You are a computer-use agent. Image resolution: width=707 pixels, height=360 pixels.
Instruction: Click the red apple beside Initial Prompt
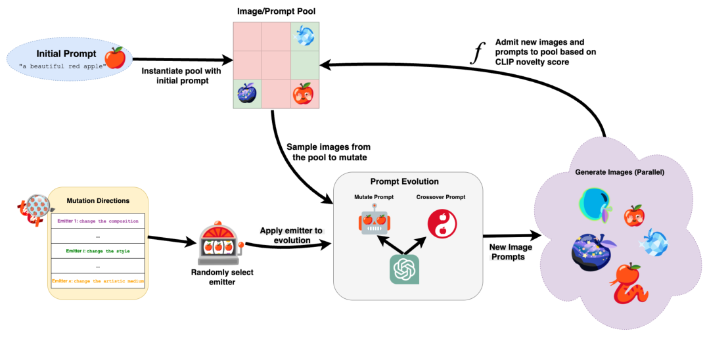(114, 57)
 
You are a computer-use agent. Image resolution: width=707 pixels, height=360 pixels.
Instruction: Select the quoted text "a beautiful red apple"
(62, 66)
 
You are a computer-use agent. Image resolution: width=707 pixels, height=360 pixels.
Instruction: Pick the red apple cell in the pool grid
(303, 95)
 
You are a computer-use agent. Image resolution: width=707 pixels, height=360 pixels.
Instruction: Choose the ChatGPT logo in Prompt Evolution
(404, 269)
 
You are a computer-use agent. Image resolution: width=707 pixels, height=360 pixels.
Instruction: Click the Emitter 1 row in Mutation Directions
(97, 221)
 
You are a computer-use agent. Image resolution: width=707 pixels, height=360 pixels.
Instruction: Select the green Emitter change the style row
(97, 251)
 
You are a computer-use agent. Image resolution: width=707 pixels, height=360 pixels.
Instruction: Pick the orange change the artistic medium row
(97, 281)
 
